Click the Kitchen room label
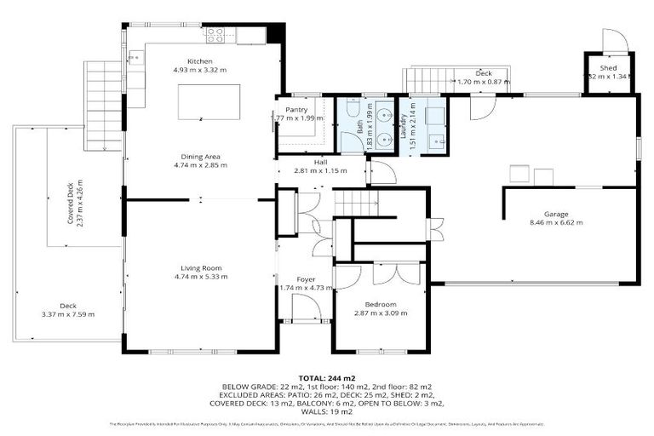199,60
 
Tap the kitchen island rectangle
209,101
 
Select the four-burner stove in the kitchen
215,35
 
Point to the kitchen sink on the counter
136,58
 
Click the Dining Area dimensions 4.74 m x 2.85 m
199,165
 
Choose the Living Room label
199,268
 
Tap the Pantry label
296,110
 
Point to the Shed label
607,67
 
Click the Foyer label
306,279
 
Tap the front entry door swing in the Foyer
307,307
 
